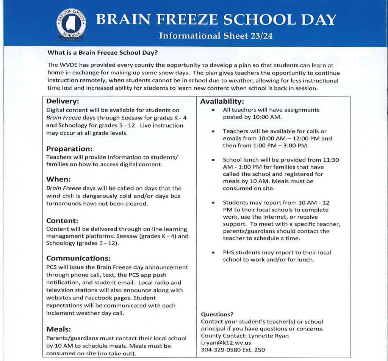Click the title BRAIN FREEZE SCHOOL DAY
(x=216, y=19)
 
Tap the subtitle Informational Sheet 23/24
(x=216, y=36)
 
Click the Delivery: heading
(x=63, y=101)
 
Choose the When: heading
(x=58, y=179)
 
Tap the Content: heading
(x=62, y=221)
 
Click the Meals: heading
(x=58, y=329)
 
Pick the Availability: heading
(x=222, y=101)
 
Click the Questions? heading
(x=217, y=314)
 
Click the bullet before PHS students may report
(x=214, y=253)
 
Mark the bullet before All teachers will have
(x=214, y=110)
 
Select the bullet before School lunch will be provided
(x=214, y=160)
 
